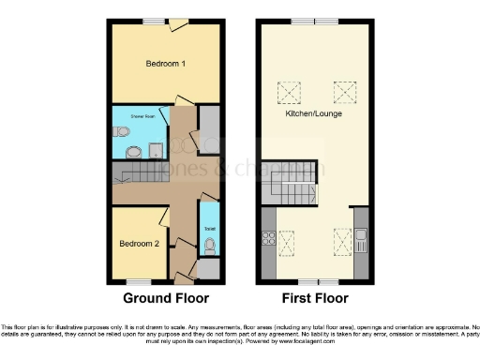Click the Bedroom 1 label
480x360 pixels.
[165, 64]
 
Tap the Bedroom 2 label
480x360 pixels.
[138, 244]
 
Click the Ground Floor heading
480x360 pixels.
[165, 300]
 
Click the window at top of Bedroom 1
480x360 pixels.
[155, 21]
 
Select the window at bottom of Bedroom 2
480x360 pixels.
[139, 280]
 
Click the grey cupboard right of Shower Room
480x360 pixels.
[210, 126]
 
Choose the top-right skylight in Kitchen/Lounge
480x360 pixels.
[344, 92]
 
